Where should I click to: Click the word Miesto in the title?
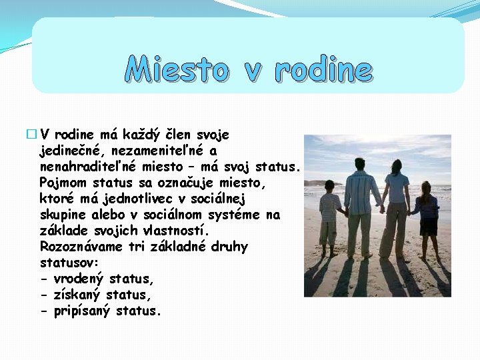pyautogui.click(x=177, y=69)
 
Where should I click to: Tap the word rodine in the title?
pyautogui.click(x=323, y=69)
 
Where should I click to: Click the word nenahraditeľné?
pyautogui.click(x=85, y=166)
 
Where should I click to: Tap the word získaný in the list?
pyautogui.click(x=77, y=295)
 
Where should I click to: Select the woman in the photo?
pyautogui.click(x=397, y=207)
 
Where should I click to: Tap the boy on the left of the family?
pyautogui.click(x=329, y=217)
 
